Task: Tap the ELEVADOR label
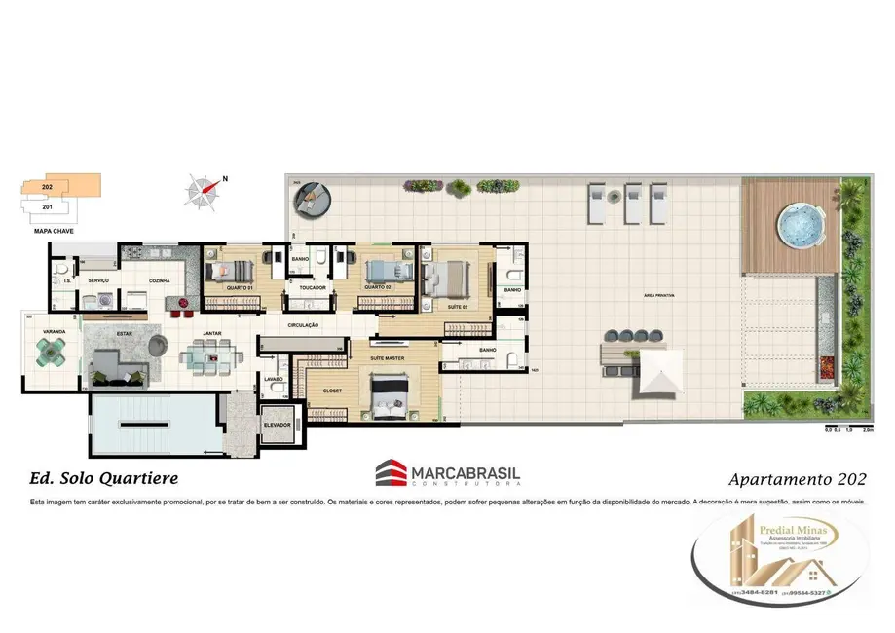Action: pos(278,425)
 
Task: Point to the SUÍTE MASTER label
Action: pos(388,358)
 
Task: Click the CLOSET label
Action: pos(332,391)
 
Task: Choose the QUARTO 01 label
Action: pos(240,287)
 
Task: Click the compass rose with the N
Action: pos(204,191)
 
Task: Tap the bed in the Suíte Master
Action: pos(393,397)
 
